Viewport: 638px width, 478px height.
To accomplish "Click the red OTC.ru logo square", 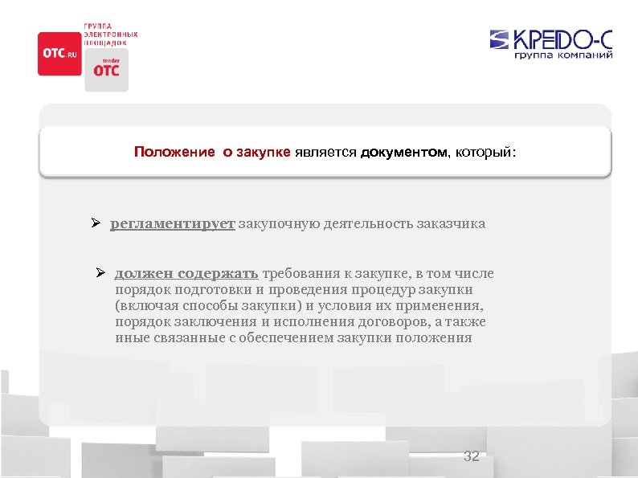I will click(59, 53).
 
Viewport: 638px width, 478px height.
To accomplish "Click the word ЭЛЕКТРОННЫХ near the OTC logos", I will click(112, 35).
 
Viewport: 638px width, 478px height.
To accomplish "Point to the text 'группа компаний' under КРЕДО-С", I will click(564, 55).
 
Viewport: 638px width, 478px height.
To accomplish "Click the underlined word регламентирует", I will click(172, 224).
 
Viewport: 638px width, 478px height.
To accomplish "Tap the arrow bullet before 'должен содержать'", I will click(101, 274).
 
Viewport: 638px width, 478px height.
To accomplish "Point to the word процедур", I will click(382, 290).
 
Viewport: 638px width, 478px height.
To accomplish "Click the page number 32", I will click(472, 456).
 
